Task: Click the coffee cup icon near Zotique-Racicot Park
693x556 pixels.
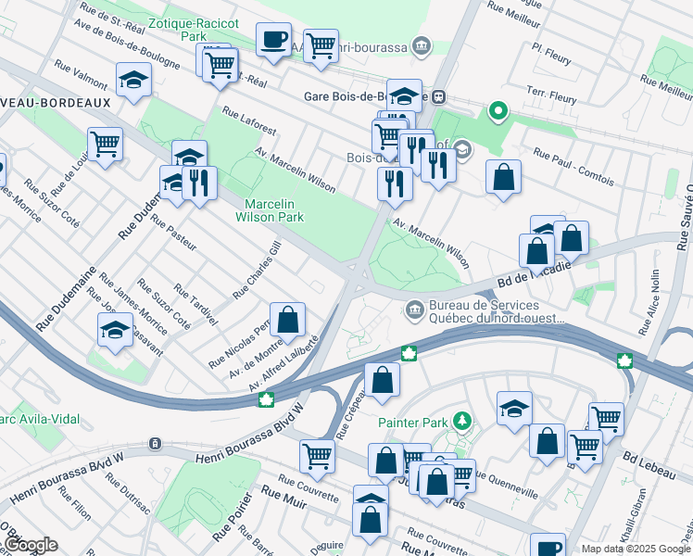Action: pyautogui.click(x=273, y=40)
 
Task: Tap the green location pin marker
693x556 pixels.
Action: pyautogui.click(x=498, y=112)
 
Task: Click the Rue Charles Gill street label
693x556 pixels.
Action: pyautogui.click(x=257, y=271)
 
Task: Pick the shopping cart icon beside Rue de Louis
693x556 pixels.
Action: pyautogui.click(x=105, y=144)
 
